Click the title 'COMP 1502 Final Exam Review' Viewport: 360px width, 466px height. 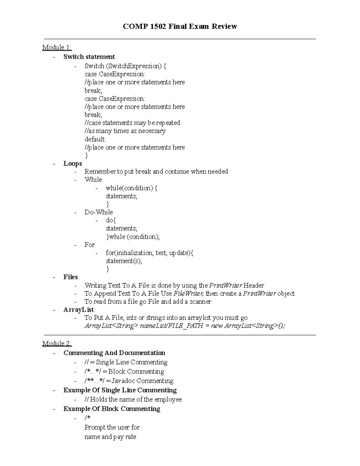tap(180, 27)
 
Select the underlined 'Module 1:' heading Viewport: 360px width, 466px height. tap(57, 47)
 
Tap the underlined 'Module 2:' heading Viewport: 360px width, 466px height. tap(57, 344)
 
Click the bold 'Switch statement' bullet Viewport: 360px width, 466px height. tap(89, 57)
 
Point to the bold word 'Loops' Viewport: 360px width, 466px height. tap(73, 164)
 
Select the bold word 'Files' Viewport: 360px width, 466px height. tap(70, 277)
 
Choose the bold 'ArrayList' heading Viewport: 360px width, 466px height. tap(79, 310)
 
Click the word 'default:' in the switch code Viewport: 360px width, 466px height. tap(95, 139)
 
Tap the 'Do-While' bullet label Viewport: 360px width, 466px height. tap(99, 212)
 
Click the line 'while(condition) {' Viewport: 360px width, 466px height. tap(131, 188)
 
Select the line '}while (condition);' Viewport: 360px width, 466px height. tap(133, 237)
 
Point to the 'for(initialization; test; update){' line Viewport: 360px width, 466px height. tap(149, 253)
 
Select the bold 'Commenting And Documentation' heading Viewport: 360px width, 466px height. tap(114, 353)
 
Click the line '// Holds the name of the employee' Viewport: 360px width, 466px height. tap(133, 399)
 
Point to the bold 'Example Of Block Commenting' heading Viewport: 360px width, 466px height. tap(112, 409)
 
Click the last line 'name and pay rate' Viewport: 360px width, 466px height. tap(110, 437)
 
